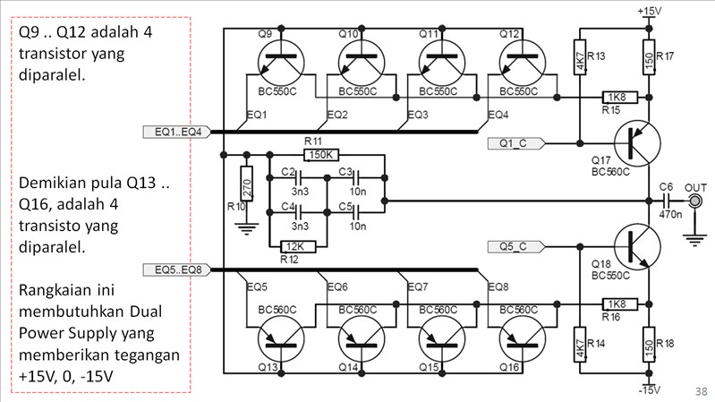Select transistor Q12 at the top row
[x=521, y=63]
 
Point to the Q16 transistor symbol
[x=521, y=338]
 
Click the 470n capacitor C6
[x=667, y=201]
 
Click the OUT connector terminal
[x=694, y=201]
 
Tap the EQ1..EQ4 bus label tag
[x=177, y=133]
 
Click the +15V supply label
[x=650, y=10]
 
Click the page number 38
[x=701, y=392]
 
